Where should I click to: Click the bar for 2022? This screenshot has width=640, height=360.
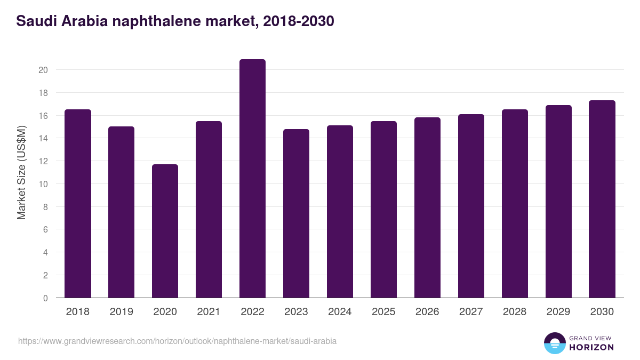(252, 179)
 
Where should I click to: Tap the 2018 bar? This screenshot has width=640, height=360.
(78, 204)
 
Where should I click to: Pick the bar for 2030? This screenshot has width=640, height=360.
(602, 199)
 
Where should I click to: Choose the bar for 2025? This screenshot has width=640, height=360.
(383, 210)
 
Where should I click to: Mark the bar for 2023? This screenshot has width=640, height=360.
(296, 213)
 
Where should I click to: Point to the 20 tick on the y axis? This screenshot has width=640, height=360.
(43, 70)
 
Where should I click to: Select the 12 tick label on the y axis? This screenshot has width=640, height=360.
(43, 161)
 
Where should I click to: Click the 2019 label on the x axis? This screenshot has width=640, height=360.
(122, 312)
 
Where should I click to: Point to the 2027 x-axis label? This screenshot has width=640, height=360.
(471, 312)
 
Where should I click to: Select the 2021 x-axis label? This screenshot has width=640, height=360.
(209, 312)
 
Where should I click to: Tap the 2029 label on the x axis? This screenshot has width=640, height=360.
(558, 312)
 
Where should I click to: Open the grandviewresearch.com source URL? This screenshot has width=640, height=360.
(177, 341)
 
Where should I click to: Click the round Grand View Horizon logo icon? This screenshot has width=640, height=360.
(555, 343)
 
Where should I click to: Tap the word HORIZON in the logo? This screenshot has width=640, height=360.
(591, 347)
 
